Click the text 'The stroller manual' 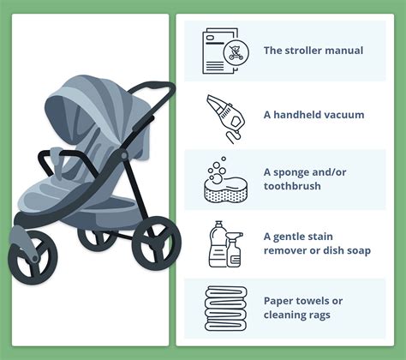point(313,51)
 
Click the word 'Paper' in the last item point(280,301)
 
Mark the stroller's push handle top point(159,87)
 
